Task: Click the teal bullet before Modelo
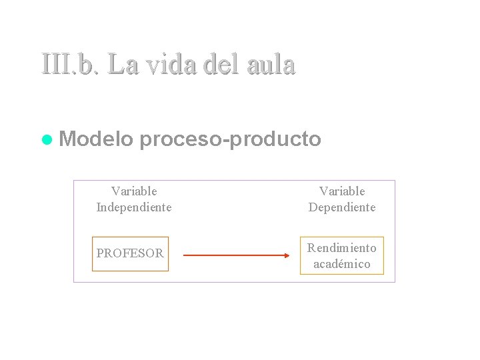47,140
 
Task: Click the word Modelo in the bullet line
96,139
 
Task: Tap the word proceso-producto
231,139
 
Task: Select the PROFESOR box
130,254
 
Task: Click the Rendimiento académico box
341,255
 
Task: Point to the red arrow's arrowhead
287,255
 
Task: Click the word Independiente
134,207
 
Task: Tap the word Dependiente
342,207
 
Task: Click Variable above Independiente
134,191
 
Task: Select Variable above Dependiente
342,191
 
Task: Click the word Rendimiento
341,248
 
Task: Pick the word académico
341,264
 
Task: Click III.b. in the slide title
69,65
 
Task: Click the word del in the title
221,65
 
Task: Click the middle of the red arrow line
235,255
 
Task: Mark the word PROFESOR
130,254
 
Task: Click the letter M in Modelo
67,139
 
